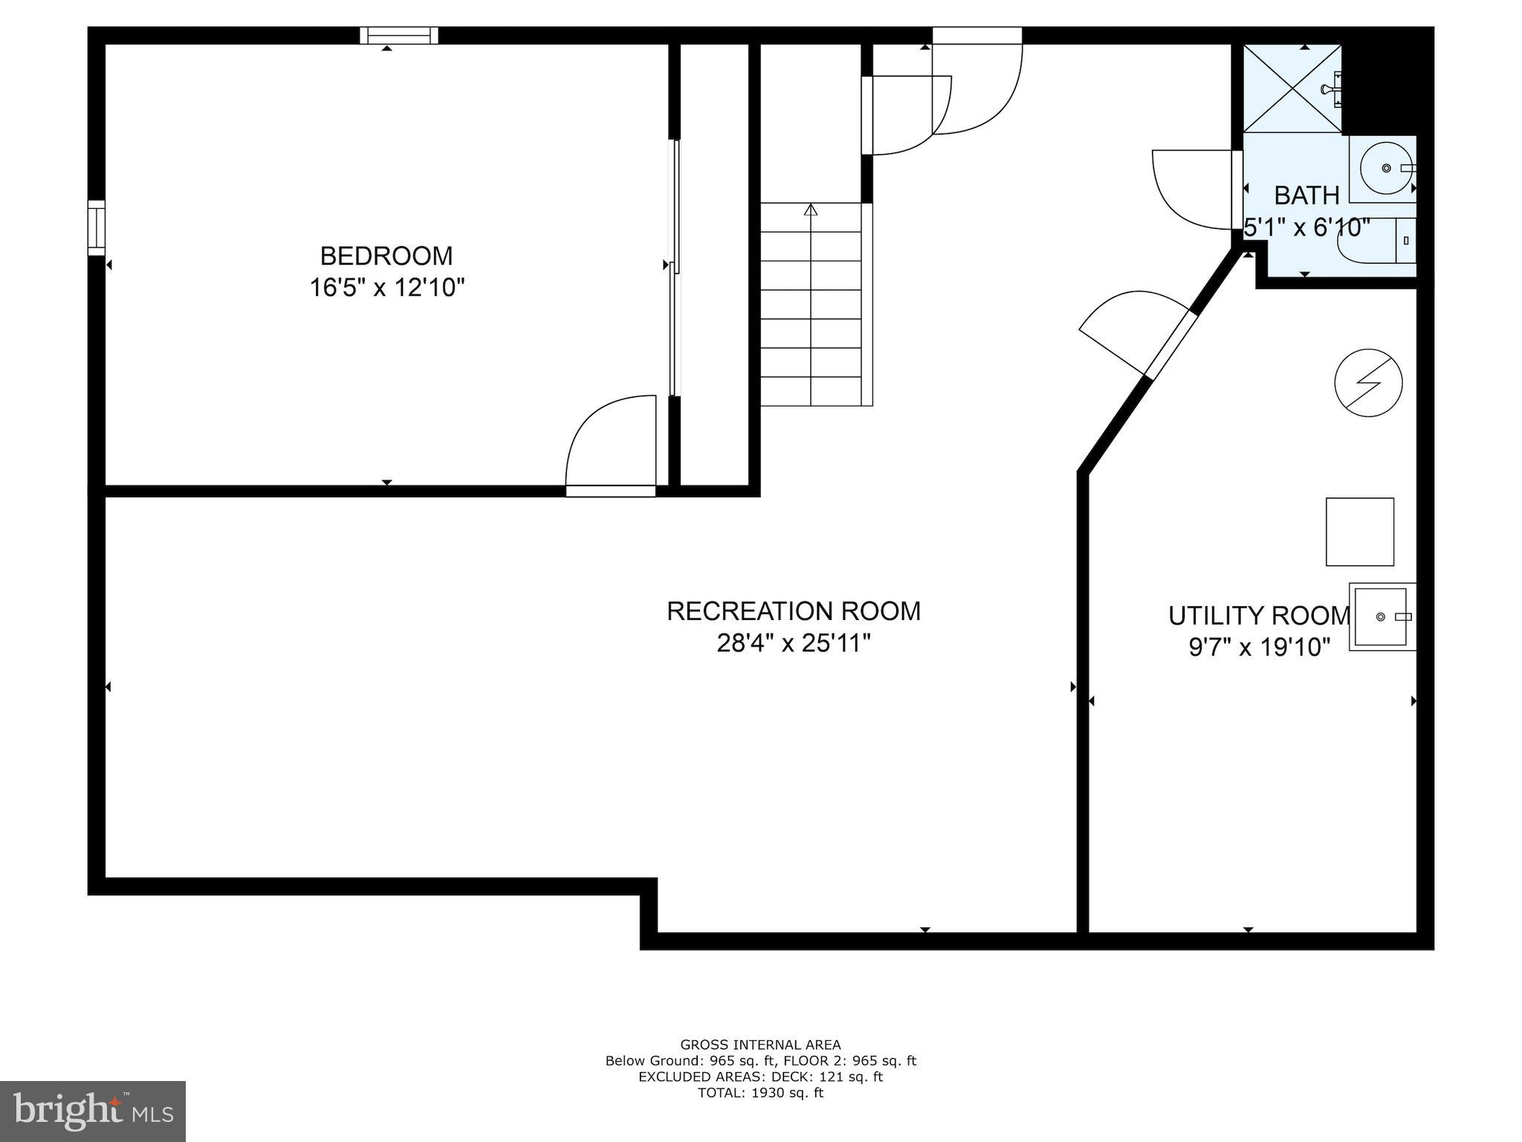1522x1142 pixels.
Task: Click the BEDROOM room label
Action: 386,256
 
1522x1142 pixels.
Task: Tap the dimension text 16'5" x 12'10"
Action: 386,287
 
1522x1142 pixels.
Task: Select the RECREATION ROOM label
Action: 793,611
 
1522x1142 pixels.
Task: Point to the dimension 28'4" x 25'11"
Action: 793,643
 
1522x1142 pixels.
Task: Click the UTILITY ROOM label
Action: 1258,616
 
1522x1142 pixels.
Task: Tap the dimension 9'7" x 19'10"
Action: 1259,648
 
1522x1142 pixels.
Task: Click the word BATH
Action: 1306,196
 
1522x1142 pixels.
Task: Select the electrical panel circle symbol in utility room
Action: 1368,382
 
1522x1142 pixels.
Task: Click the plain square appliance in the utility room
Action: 1359,532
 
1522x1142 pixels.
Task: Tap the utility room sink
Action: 1382,617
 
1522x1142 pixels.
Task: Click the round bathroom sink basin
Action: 1386,168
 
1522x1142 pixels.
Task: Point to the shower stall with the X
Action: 1292,88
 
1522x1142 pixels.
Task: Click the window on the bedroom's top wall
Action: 399,36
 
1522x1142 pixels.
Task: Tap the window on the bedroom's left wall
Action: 97,228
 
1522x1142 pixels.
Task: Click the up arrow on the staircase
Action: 811,210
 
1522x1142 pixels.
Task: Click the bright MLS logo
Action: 93,1112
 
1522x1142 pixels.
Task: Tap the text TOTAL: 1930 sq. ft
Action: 760,1093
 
